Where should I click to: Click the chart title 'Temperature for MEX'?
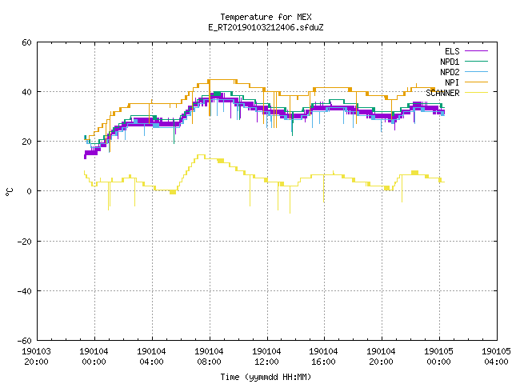click(x=266, y=17)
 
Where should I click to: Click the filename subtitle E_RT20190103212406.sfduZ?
click(x=266, y=27)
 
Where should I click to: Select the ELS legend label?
click(x=452, y=51)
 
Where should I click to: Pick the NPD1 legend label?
click(x=450, y=62)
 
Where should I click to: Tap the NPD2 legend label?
click(x=450, y=72)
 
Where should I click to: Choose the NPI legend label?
click(x=452, y=82)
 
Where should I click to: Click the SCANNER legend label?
click(x=442, y=93)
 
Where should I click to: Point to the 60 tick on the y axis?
click(x=26, y=42)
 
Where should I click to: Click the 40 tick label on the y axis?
click(x=26, y=92)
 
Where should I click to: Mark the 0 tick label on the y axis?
click(x=30, y=191)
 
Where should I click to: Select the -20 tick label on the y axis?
click(x=25, y=242)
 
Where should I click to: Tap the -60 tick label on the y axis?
click(x=25, y=341)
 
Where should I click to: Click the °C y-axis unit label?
click(x=10, y=192)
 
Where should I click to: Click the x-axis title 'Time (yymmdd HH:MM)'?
click(x=266, y=377)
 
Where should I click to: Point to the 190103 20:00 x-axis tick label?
click(x=36, y=357)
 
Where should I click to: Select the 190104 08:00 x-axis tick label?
click(x=209, y=357)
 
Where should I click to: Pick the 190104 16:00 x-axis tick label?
click(x=323, y=357)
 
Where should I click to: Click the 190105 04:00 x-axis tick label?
click(x=496, y=357)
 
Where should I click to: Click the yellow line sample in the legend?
click(x=476, y=93)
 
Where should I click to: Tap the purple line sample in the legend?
click(x=476, y=51)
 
